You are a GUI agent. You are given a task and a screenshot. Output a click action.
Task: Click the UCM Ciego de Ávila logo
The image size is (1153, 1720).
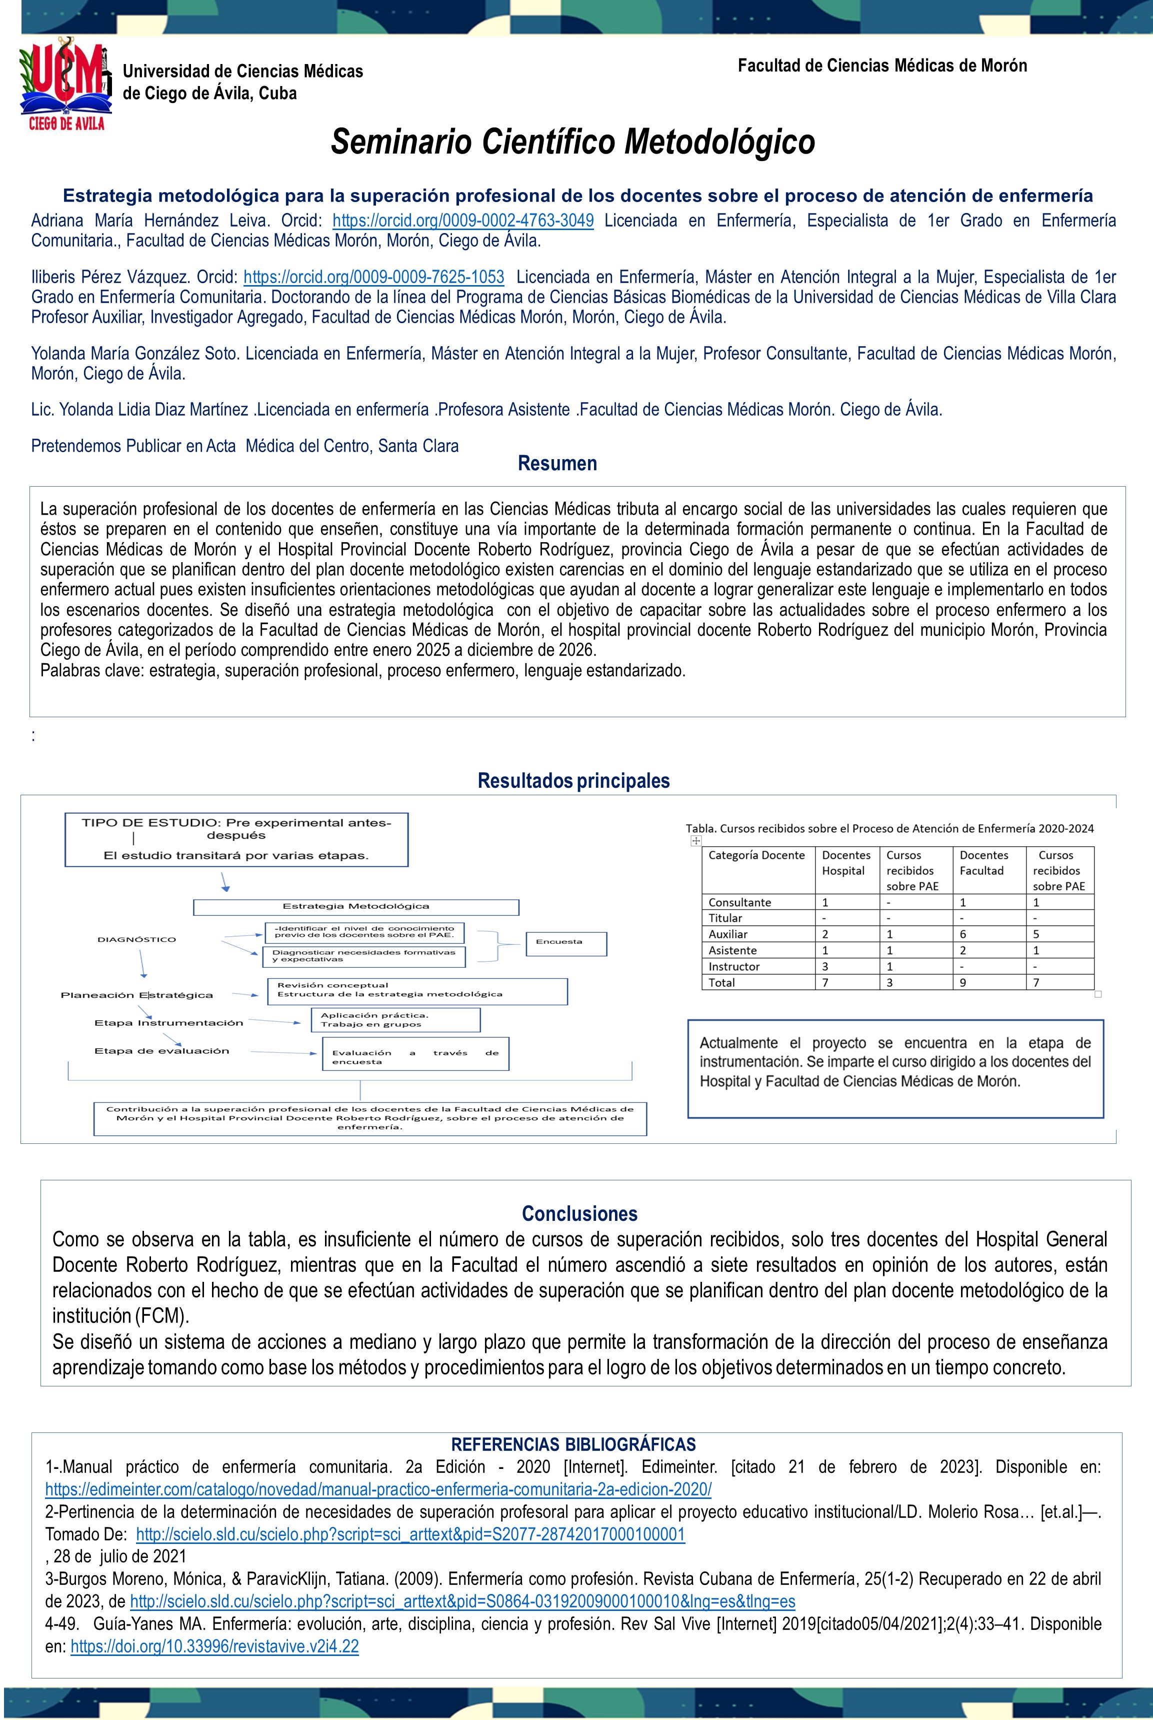[x=64, y=86]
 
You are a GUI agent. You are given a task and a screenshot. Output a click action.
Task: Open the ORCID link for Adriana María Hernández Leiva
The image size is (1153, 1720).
[x=463, y=221]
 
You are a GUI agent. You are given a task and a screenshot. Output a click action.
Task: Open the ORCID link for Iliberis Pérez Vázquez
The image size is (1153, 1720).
[x=373, y=277]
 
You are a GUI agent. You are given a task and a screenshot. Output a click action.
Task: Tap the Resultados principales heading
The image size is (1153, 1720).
[x=573, y=780]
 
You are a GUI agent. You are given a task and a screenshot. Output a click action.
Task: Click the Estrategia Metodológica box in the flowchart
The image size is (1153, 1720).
[x=356, y=907]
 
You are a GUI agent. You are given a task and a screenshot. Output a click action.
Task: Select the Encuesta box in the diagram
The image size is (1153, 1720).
[x=565, y=942]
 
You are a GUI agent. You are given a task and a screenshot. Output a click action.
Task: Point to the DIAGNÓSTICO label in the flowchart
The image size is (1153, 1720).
[x=137, y=940]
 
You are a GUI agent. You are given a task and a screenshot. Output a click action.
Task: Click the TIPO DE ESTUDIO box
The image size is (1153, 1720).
[x=236, y=839]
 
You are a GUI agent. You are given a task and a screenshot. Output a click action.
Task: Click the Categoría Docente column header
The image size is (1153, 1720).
[x=756, y=855]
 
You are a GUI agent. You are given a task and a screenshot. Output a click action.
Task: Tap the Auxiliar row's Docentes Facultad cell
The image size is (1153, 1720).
[x=963, y=934]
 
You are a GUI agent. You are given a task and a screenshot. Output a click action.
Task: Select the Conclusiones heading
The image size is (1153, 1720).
[x=579, y=1213]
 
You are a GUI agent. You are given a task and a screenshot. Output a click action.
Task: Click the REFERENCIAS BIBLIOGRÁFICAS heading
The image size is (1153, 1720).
[x=573, y=1444]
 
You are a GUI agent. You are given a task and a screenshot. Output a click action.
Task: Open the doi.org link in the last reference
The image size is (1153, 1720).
[x=214, y=1646]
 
